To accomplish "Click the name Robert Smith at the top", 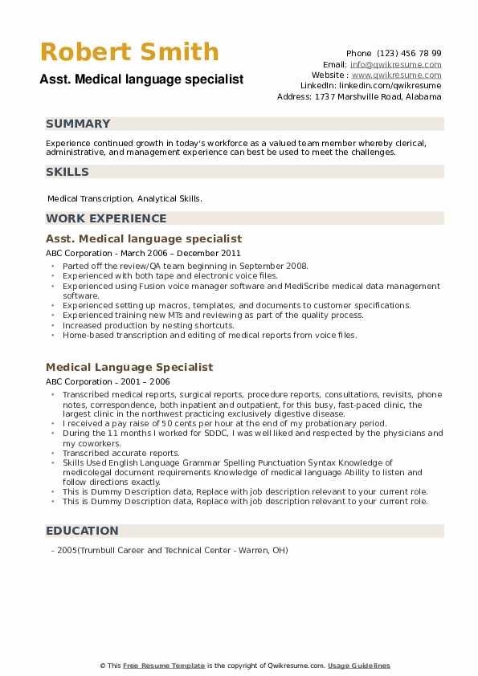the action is [x=129, y=52].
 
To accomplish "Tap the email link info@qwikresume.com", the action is [x=395, y=64].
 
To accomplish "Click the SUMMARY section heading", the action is [x=78, y=124].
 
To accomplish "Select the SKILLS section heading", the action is [x=67, y=172].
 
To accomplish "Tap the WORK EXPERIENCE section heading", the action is [x=106, y=218].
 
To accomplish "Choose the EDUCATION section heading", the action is [x=82, y=531].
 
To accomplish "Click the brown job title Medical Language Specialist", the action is [x=129, y=367].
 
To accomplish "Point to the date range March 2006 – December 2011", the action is [x=172, y=253].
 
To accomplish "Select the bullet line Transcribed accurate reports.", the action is [x=121, y=453].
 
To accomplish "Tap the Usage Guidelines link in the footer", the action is [x=358, y=666].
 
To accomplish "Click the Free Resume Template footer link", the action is [x=164, y=666].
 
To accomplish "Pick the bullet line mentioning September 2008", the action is [x=185, y=266].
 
